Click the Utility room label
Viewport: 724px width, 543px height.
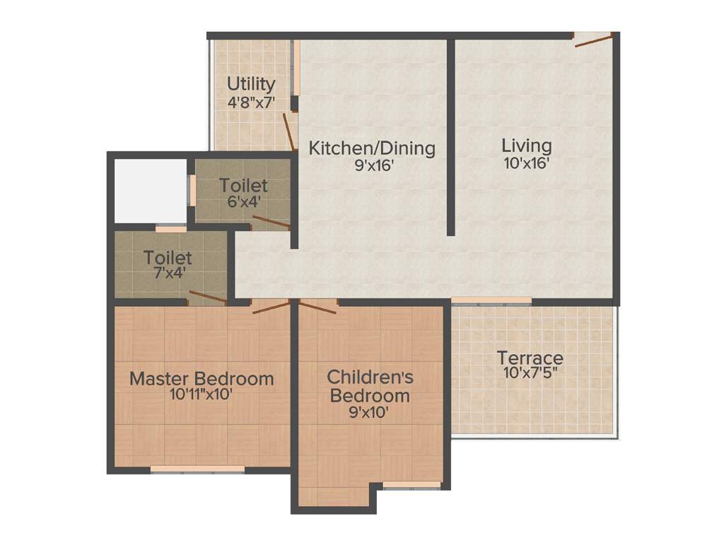[250, 85]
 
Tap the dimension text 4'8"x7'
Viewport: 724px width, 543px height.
[250, 102]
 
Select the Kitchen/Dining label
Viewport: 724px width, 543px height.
[373, 148]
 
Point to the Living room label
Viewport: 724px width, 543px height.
[527, 146]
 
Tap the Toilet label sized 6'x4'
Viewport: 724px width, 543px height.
[243, 185]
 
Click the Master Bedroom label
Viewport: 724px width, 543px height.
[202, 378]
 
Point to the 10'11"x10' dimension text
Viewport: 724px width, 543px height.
[202, 395]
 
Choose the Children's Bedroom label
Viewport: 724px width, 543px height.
[370, 385]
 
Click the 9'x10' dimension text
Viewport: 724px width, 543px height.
[370, 412]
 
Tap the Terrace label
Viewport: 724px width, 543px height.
[530, 357]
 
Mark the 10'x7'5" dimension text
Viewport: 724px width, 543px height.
[530, 373]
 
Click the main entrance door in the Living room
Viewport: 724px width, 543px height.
[592, 40]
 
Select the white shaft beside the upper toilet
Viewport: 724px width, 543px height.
[151, 190]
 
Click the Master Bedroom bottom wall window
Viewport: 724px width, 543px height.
[197, 469]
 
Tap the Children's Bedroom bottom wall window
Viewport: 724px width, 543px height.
[411, 485]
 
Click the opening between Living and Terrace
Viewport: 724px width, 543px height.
[491, 300]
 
